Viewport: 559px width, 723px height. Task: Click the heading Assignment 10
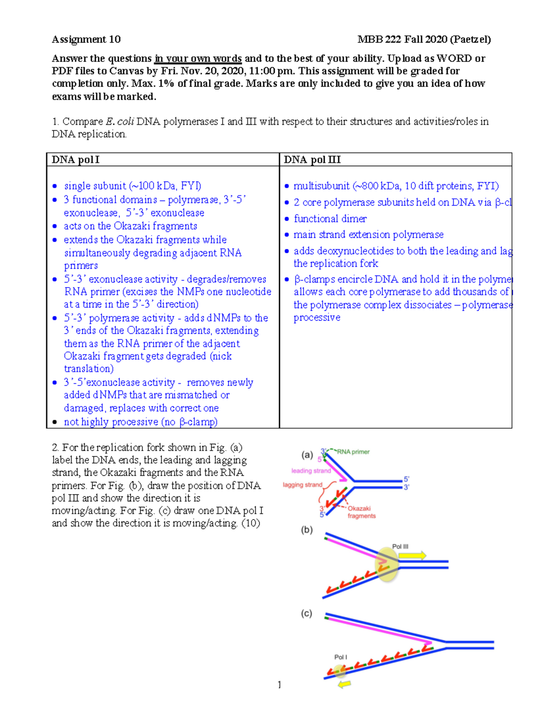86,40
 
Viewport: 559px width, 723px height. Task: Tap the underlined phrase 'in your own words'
198,59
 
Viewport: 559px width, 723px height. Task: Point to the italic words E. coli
120,122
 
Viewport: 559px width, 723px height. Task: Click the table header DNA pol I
75,160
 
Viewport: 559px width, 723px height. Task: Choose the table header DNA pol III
312,160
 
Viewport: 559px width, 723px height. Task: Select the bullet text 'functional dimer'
330,219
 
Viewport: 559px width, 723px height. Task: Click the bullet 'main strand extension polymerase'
368,235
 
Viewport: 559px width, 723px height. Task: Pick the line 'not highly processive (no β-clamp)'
140,422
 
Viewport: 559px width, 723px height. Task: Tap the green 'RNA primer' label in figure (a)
353,452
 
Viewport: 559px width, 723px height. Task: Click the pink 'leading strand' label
311,471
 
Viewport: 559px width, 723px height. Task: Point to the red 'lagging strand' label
302,485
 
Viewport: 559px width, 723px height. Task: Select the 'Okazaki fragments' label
361,512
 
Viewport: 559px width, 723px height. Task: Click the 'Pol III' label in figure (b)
400,547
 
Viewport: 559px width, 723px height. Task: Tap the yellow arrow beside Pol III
413,555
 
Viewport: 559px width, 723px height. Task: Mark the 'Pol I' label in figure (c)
341,657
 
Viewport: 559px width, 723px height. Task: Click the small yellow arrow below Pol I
344,684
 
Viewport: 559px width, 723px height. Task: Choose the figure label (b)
307,530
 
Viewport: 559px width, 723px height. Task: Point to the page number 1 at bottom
279,684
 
